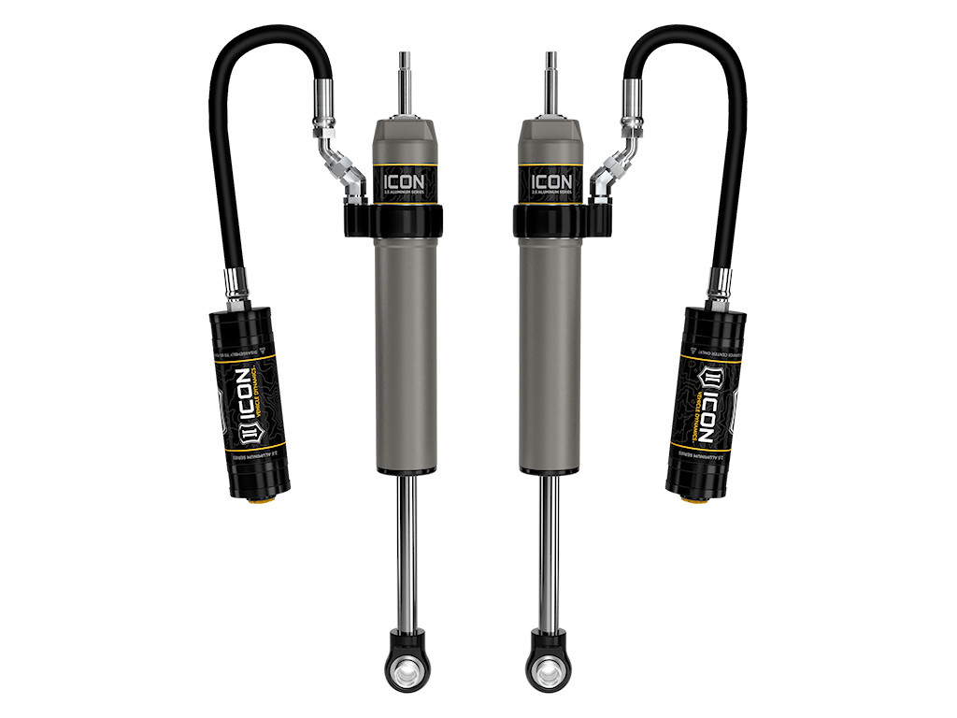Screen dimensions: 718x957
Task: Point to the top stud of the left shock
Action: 406,76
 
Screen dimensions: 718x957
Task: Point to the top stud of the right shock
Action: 551,76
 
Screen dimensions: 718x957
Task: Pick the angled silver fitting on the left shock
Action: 342,169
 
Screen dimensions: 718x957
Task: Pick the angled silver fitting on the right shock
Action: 614,169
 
